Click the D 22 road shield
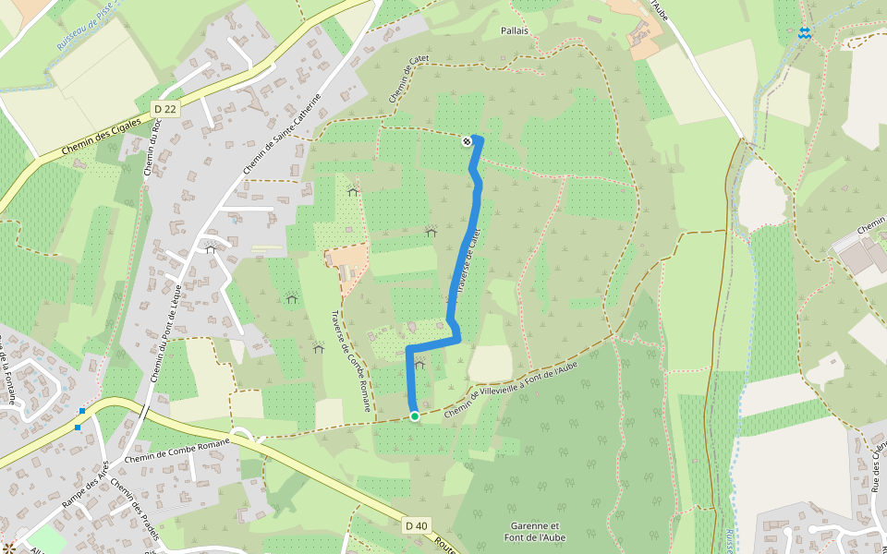click(x=164, y=109)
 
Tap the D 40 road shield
click(x=417, y=525)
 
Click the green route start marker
click(x=415, y=416)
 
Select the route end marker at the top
click(x=468, y=140)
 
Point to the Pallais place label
click(x=514, y=30)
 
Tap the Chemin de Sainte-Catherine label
click(x=281, y=135)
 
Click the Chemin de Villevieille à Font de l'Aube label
click(x=510, y=380)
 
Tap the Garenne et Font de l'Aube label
click(x=534, y=531)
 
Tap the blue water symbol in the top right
click(x=805, y=33)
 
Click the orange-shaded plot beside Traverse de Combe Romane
click(x=347, y=263)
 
